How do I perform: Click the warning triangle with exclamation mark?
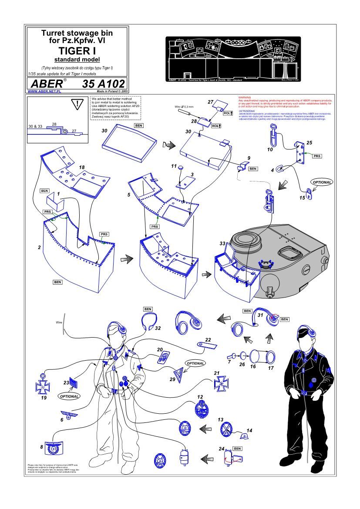coord(77,104)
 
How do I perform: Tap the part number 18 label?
coord(81,167)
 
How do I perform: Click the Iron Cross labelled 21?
coord(220,384)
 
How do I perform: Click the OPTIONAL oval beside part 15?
coord(321,182)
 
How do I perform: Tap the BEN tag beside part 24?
coord(238,448)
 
